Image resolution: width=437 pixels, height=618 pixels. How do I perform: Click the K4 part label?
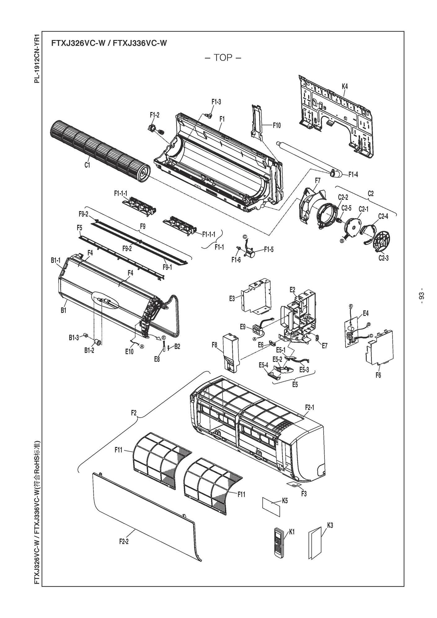[344, 86]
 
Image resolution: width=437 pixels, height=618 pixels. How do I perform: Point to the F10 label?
[276, 126]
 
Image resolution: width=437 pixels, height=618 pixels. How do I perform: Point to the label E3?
[241, 298]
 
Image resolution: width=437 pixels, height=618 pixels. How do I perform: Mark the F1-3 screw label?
[216, 102]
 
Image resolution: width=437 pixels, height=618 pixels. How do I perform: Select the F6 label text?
[378, 375]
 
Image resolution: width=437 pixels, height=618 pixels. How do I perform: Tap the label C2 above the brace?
[370, 193]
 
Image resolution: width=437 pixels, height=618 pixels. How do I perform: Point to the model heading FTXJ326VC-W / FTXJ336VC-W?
[109, 43]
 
